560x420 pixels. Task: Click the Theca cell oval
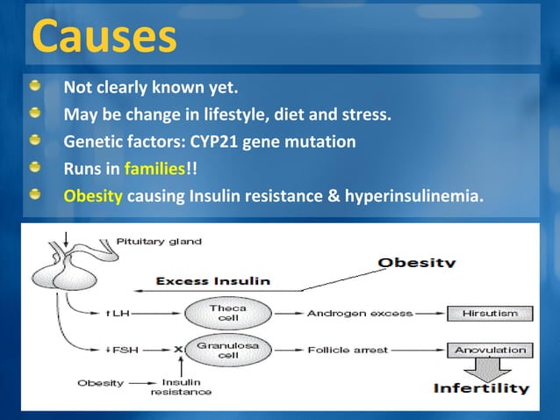(220, 313)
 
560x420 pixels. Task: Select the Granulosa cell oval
(220, 350)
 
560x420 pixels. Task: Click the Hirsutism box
(489, 313)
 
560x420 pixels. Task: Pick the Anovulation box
(489, 350)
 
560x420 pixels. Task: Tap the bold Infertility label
(480, 387)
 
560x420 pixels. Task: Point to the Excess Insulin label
(213, 281)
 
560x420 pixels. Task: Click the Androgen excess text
(348, 313)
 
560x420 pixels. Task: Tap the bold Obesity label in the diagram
(416, 262)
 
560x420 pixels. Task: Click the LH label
(115, 313)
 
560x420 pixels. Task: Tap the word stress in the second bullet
(369, 115)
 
